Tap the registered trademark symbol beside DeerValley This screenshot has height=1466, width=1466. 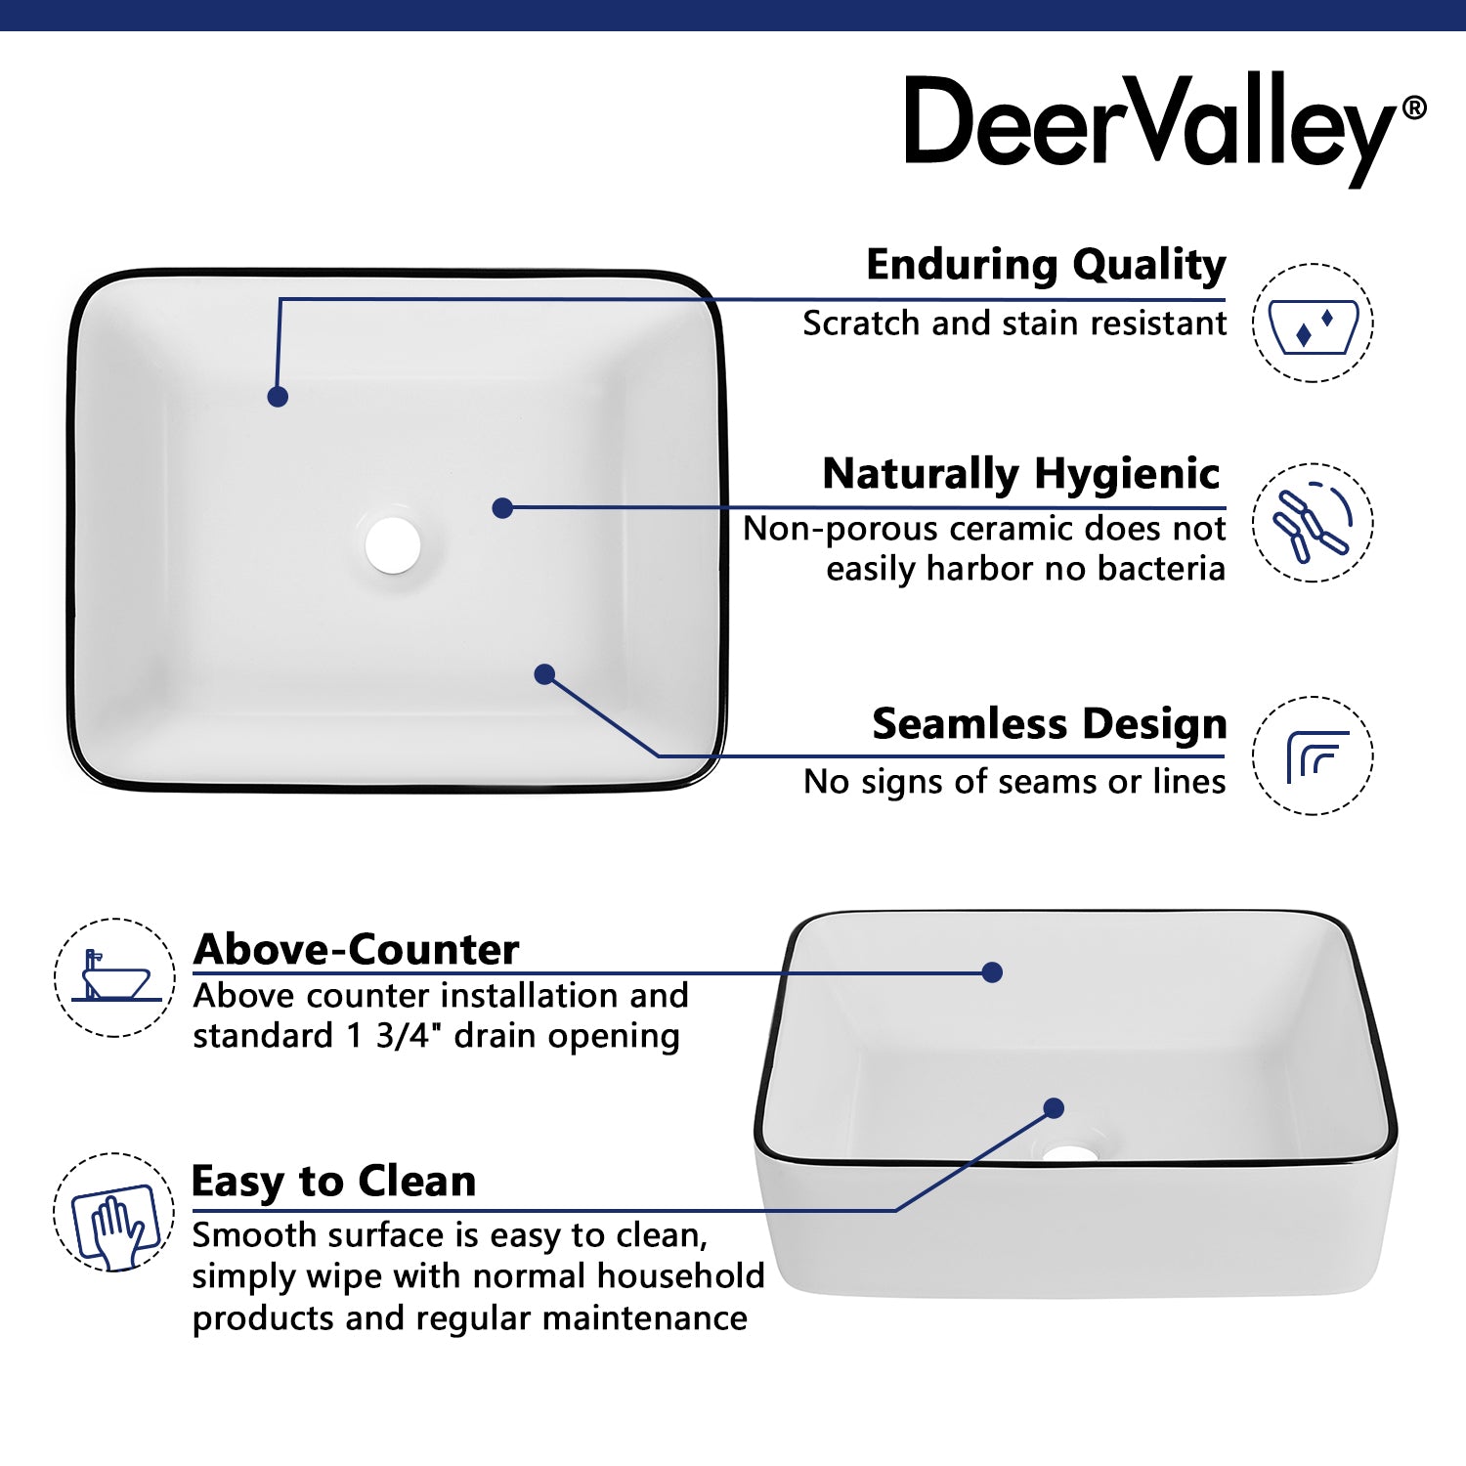(x=1413, y=108)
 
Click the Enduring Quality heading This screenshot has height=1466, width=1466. (x=1045, y=265)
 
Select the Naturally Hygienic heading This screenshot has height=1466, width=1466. (x=1020, y=474)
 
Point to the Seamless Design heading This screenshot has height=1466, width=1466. (x=1049, y=724)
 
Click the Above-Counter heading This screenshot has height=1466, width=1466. (x=356, y=949)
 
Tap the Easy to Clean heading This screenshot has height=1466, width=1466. (x=333, y=1181)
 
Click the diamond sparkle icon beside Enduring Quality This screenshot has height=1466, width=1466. (x=1313, y=323)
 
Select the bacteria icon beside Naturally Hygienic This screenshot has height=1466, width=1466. (x=1313, y=523)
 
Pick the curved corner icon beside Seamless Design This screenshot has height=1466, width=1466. (x=1313, y=755)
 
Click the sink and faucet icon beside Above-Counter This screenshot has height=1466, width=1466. (x=114, y=976)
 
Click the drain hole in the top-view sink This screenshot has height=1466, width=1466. (x=393, y=545)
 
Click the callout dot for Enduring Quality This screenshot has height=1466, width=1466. (x=278, y=397)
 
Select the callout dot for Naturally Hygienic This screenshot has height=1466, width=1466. (x=502, y=508)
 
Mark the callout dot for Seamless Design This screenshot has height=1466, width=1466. (x=545, y=674)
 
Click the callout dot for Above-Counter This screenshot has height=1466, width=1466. (x=992, y=972)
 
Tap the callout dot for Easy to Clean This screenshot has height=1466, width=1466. (x=1054, y=1108)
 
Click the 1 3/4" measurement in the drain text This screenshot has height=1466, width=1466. (x=389, y=1036)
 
